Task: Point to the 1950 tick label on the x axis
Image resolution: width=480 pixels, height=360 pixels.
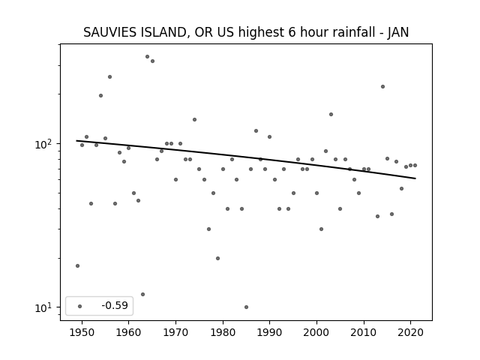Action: point(82,332)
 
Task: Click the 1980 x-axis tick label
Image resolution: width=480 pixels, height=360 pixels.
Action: point(223,332)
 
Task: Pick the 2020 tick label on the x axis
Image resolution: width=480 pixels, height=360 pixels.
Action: point(411,332)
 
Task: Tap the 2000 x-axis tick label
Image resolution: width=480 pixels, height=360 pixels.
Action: point(316,332)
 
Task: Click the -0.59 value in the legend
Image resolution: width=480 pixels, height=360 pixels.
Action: point(115,305)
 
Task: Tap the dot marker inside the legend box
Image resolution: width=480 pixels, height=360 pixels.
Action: point(79,306)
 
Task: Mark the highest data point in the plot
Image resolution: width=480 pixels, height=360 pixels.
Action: point(147,57)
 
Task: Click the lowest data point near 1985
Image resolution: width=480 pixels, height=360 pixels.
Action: point(247,307)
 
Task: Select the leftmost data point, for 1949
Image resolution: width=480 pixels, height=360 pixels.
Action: point(77,265)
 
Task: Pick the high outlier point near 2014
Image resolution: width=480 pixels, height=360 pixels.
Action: point(382,87)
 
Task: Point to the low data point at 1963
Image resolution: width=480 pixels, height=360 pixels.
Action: point(142,295)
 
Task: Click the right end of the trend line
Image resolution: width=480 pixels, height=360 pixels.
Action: point(415,178)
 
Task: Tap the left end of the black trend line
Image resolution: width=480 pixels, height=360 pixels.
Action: point(76,141)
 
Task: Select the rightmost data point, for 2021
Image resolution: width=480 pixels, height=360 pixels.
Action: point(415,165)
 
